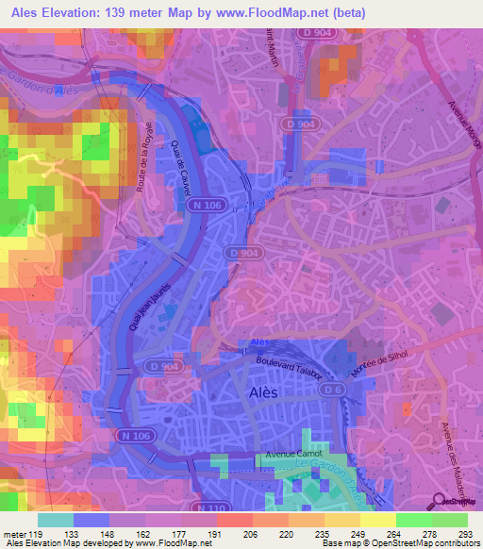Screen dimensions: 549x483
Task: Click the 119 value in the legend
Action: pos(35,533)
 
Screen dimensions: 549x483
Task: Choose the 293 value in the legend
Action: pos(467,533)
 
